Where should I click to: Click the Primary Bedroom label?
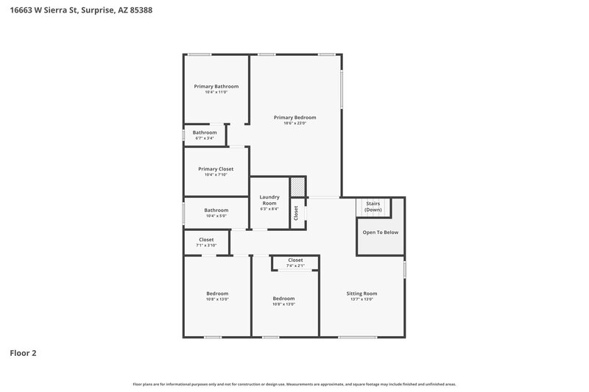point(294,118)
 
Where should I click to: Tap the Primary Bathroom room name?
point(216,86)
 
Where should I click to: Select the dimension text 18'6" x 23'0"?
point(294,124)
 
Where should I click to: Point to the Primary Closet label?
point(216,168)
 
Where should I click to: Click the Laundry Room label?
point(269,199)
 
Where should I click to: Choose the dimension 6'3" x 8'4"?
point(269,209)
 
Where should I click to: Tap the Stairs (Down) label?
point(373,207)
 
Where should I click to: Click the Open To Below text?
point(380,232)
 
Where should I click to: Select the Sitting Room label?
point(361,293)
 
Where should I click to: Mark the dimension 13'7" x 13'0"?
point(361,299)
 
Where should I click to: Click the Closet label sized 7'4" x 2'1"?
point(295,260)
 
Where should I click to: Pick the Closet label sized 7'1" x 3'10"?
point(206,239)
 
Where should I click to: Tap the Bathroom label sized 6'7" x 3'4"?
point(205,132)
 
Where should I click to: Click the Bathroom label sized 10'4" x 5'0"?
point(216,210)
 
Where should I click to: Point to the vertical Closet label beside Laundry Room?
point(297,213)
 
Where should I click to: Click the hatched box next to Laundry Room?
point(297,187)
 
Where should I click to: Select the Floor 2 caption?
point(23,353)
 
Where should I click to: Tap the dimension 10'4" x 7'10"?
point(216,175)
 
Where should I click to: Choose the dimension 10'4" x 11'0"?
point(216,92)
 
